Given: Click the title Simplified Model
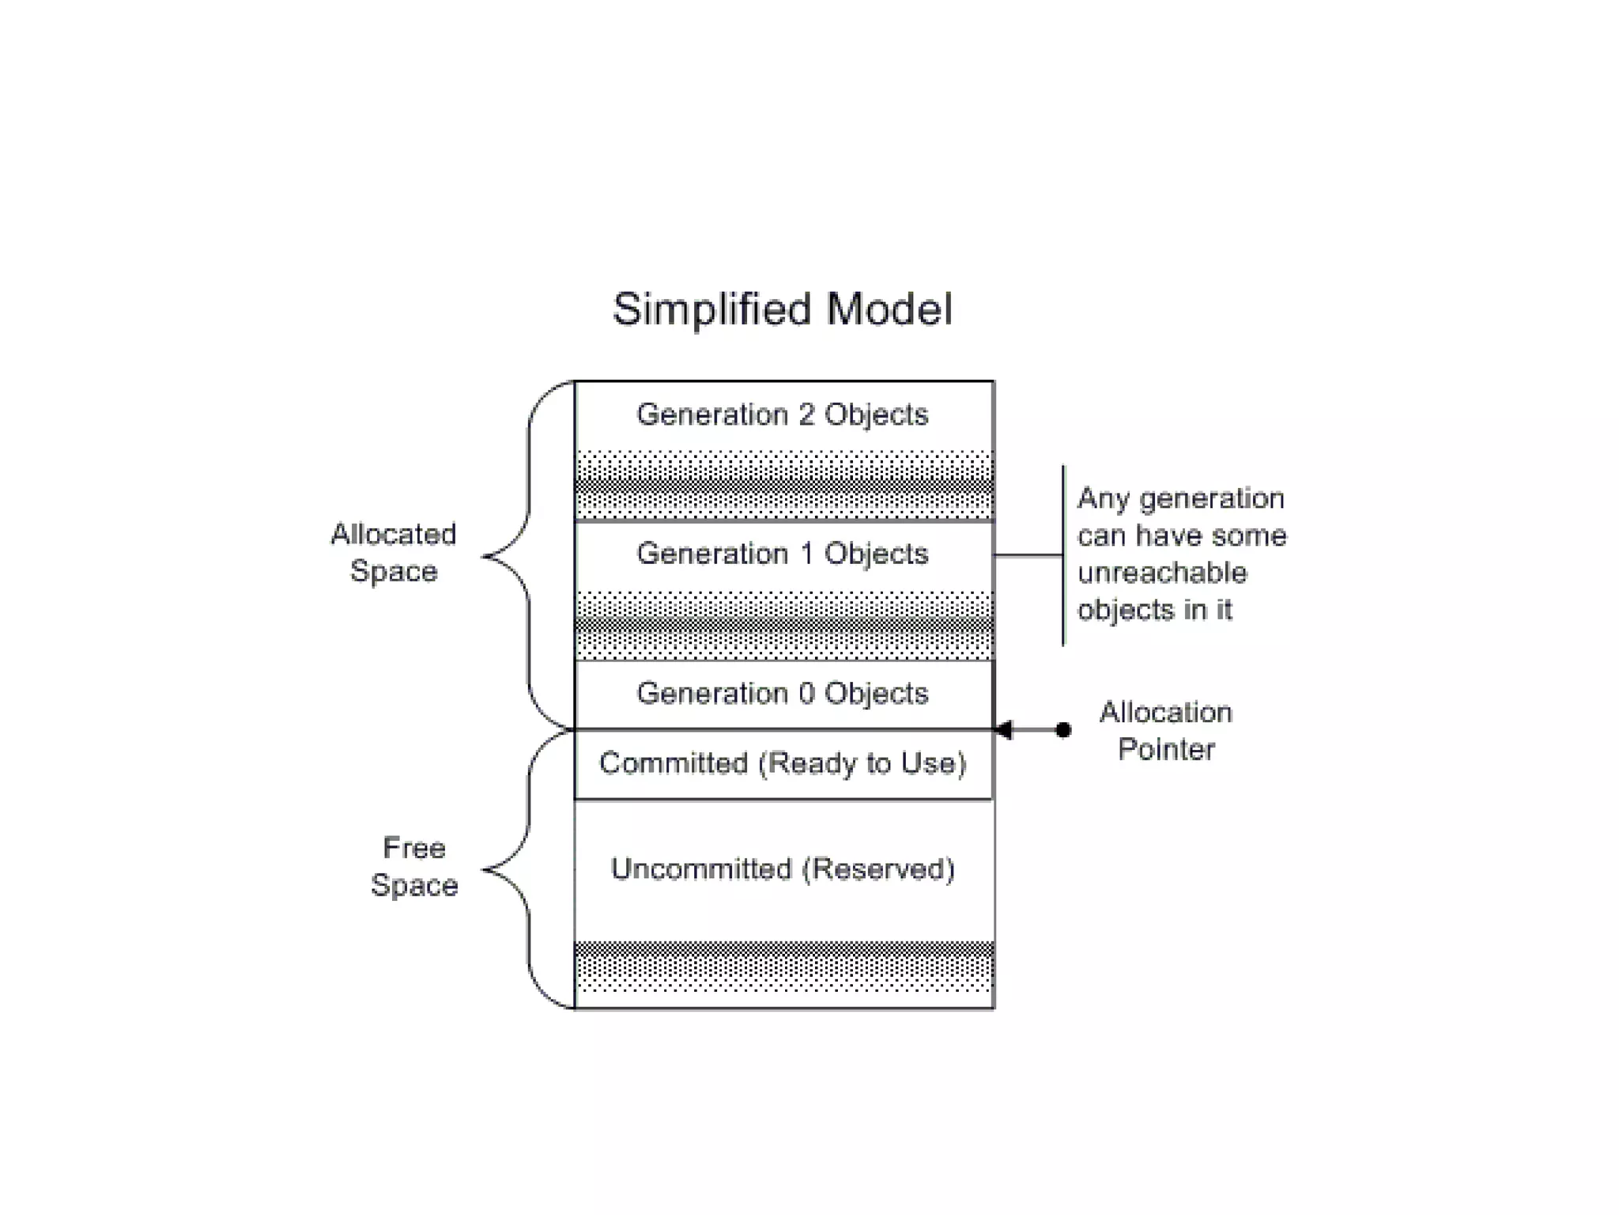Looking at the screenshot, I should [782, 309].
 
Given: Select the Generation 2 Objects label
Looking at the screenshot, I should [782, 414].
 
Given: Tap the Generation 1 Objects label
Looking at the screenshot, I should [782, 554].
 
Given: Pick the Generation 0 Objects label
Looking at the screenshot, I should [782, 693].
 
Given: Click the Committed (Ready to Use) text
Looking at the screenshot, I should [782, 763].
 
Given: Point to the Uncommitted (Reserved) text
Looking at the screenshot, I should [782, 869].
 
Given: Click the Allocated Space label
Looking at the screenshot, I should [393, 552].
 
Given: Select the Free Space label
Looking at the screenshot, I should [414, 866].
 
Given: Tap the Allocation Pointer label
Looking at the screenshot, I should [1165, 730].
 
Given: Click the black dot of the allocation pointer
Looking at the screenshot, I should [1063, 729].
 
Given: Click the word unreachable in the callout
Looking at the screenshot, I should [1161, 573].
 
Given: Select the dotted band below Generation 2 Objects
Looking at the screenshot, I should [783, 484].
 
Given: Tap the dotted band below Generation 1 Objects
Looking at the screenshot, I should [783, 625].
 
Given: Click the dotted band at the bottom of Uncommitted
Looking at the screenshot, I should [783, 967].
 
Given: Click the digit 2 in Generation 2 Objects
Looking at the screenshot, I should [806, 414].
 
